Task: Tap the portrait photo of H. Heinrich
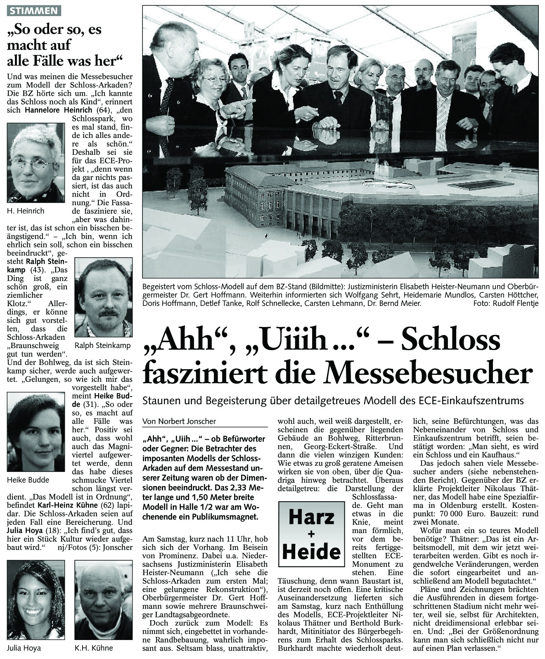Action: (36, 163)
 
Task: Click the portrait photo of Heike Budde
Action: (36, 431)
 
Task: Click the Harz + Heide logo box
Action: (311, 534)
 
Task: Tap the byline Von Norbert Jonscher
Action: (179, 422)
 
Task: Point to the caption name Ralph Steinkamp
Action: (103, 346)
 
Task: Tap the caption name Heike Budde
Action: (28, 480)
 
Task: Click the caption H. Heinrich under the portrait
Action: (26, 211)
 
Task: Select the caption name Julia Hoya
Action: (24, 648)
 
